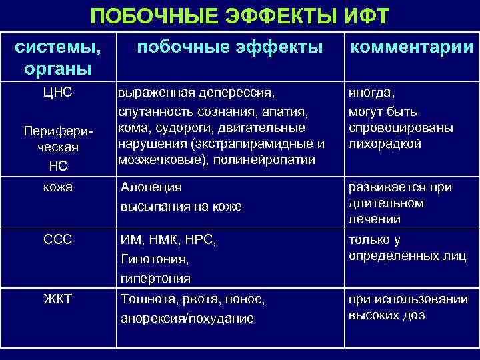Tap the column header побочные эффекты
pyautogui.click(x=229, y=46)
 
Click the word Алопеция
pyautogui.click(x=151, y=188)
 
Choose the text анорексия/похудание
pyautogui.click(x=187, y=319)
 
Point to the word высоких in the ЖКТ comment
pyautogui.click(x=373, y=315)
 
